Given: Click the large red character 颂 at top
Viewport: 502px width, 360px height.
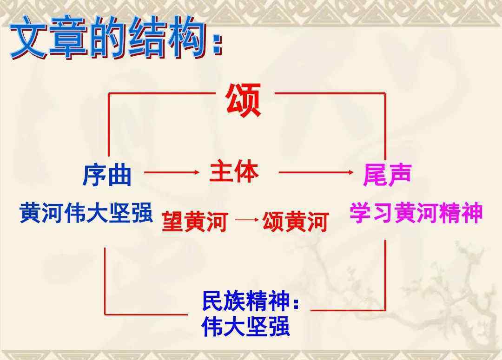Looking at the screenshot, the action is [243, 100].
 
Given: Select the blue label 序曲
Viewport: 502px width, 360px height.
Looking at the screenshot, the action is [107, 176].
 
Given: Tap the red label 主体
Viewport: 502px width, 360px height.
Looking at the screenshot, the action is [234, 172].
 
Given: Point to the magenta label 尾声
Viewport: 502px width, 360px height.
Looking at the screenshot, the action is [387, 175].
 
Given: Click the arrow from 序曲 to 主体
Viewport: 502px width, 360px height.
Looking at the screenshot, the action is [172, 172].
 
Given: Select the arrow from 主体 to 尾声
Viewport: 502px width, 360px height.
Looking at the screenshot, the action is [316, 172].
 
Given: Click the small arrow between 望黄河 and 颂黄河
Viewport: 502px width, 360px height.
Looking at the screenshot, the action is [247, 220].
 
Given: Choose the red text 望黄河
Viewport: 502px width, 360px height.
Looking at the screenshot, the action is [195, 222].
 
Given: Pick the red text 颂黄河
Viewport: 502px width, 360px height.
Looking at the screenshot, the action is [296, 222].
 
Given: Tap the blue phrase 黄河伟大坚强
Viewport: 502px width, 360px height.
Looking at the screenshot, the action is [86, 213].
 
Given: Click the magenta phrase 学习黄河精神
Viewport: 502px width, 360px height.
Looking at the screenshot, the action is [416, 212].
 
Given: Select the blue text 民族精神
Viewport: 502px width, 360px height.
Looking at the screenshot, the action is [246, 301].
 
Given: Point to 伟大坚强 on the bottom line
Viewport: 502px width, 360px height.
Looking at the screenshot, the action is [246, 326].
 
